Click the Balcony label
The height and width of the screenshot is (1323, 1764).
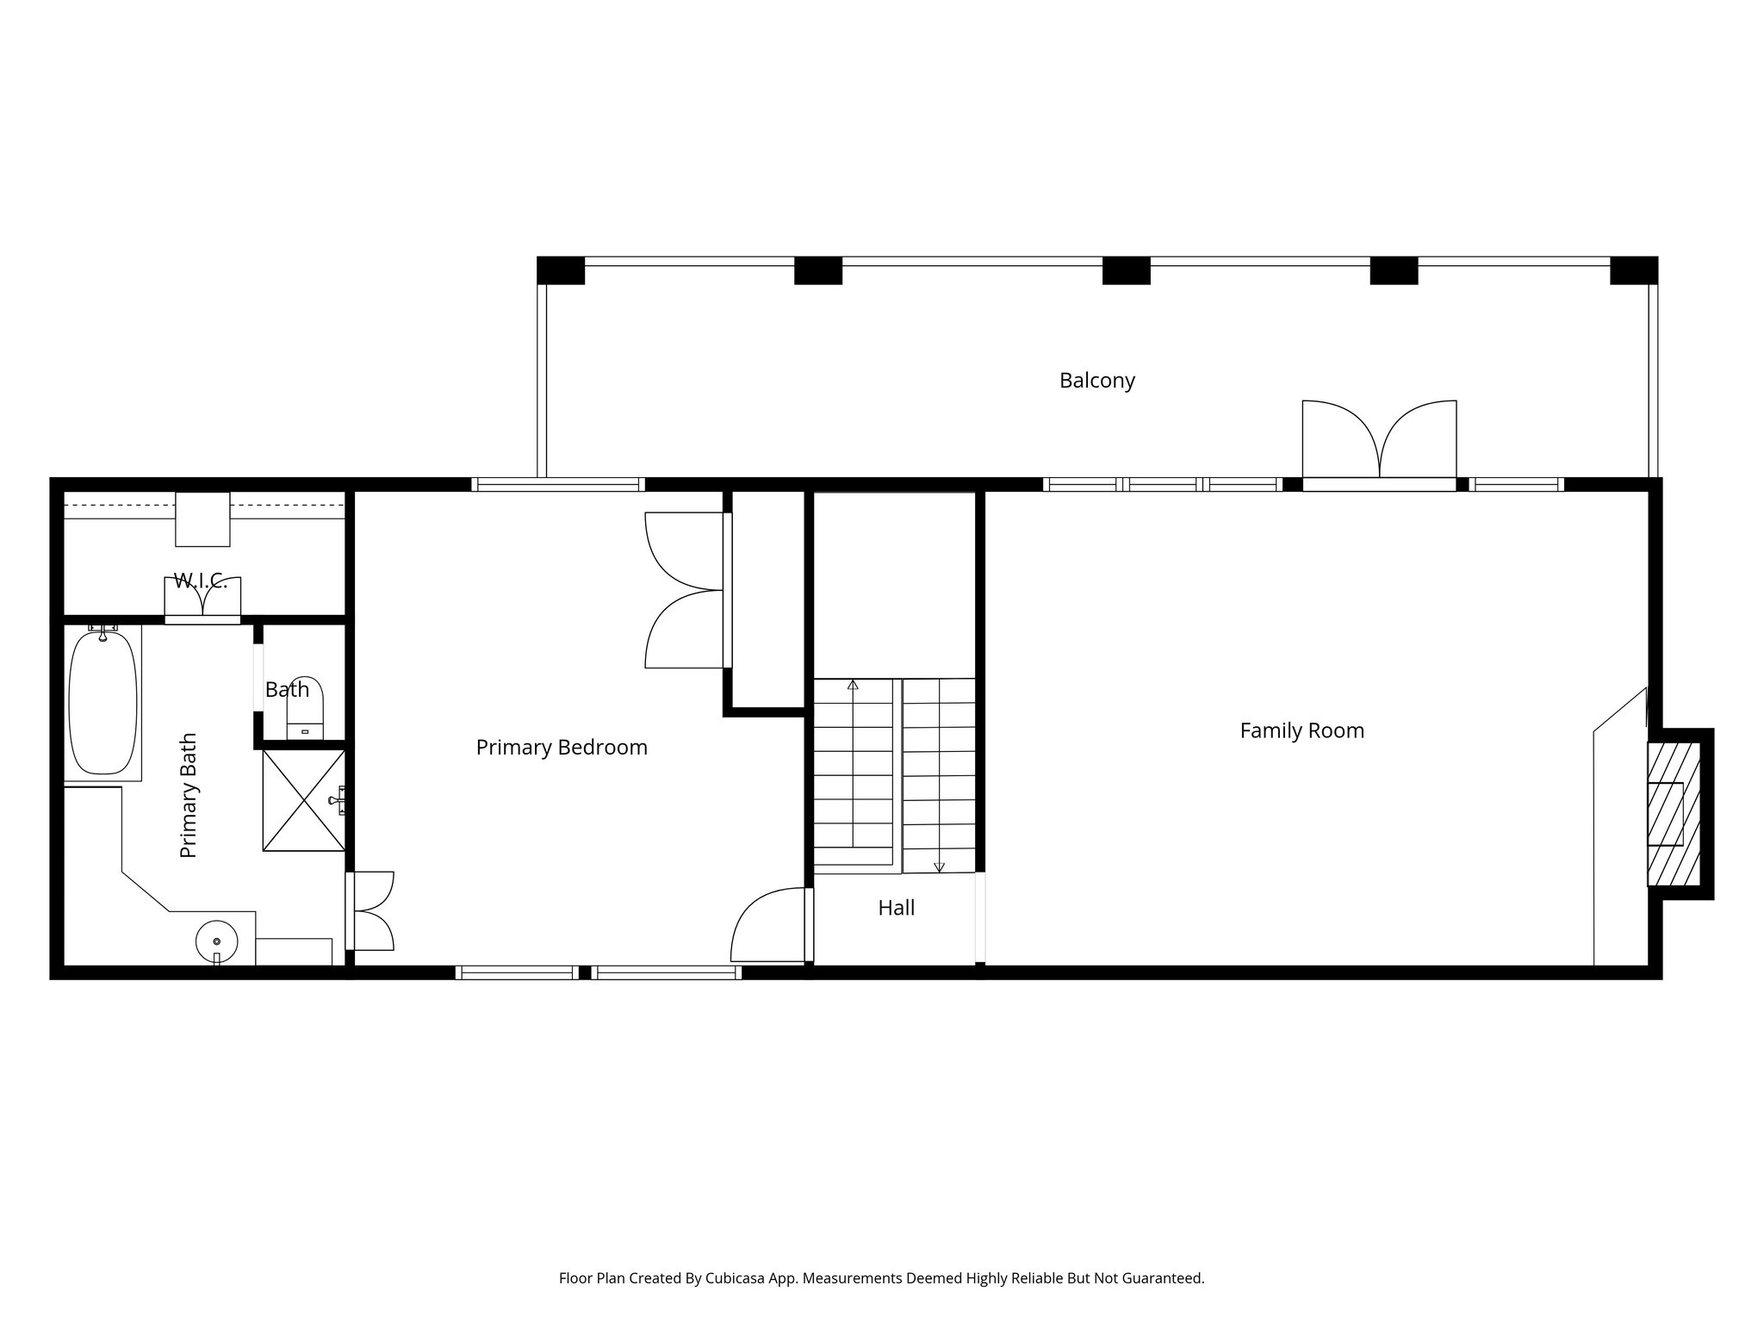pos(1096,380)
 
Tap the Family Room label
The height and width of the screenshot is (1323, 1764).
pos(1301,730)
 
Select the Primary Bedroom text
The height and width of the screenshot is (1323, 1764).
pos(562,747)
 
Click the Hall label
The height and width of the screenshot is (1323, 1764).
pos(896,907)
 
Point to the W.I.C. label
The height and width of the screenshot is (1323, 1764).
pos(201,581)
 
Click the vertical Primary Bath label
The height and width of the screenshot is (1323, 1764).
pos(189,795)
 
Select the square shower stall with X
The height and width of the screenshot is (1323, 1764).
pos(303,800)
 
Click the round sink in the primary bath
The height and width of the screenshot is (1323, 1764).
pos(216,942)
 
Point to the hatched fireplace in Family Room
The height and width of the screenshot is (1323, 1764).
pos(1674,812)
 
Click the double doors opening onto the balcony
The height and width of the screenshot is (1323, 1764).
pos(1379,441)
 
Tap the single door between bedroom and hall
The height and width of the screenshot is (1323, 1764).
pos(769,927)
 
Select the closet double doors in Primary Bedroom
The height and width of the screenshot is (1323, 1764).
pos(685,590)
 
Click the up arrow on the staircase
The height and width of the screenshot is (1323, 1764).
pos(853,686)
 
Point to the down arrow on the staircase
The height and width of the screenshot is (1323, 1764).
pos(939,866)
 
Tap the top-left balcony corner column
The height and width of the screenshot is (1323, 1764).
pos(561,270)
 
